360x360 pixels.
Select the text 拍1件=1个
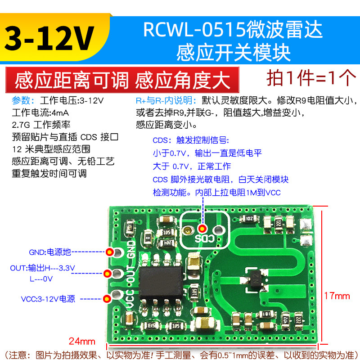pyautogui.click(x=311, y=78)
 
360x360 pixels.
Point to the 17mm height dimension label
pyautogui.click(x=337, y=296)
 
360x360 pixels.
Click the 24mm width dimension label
pyautogui.click(x=81, y=339)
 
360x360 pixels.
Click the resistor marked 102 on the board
pyautogui.click(x=248, y=219)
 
